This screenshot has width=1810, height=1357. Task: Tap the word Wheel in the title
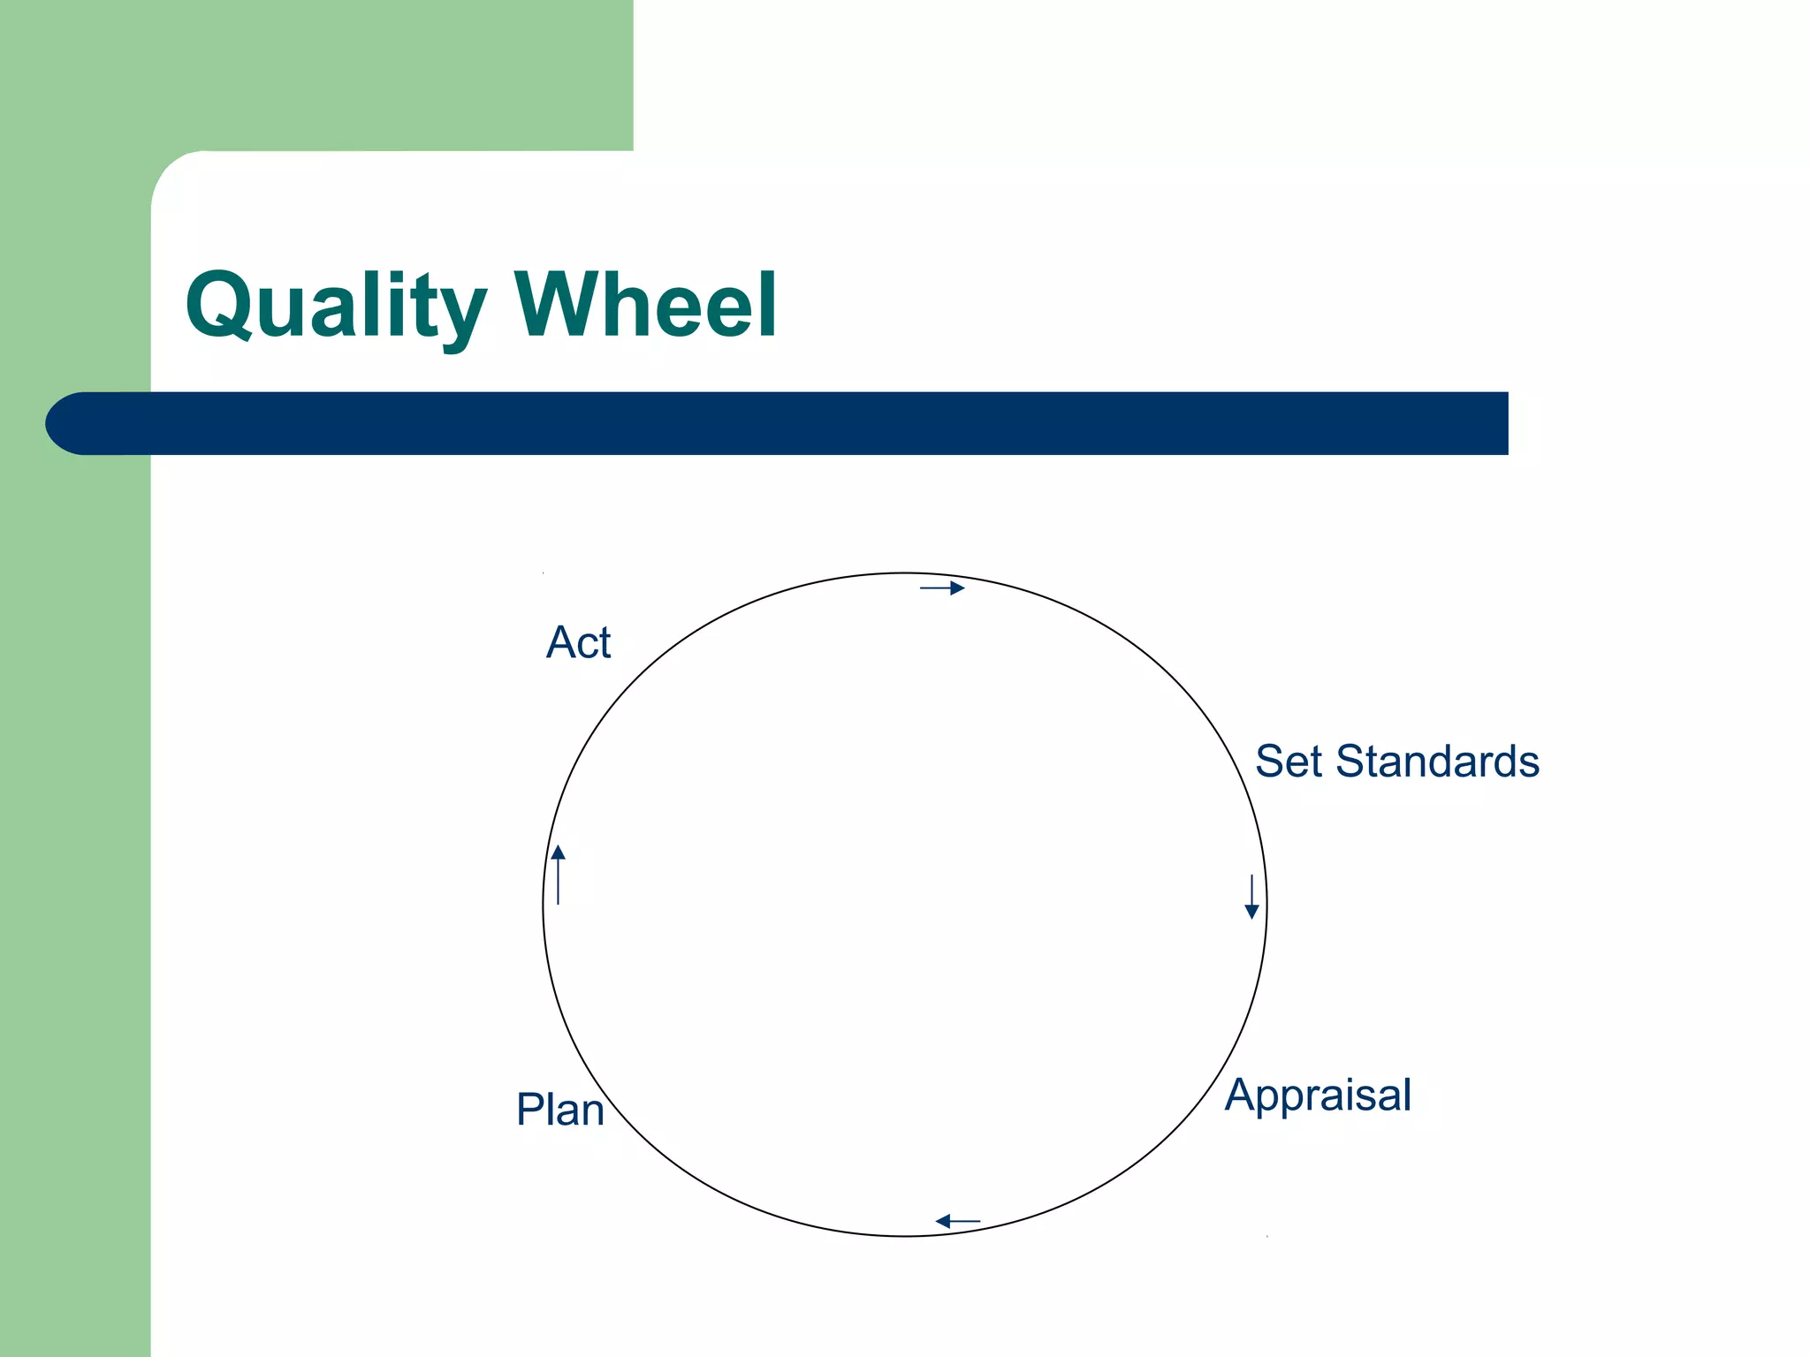click(646, 304)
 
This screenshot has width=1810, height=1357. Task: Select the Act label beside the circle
click(578, 642)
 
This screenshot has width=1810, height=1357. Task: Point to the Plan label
click(560, 1110)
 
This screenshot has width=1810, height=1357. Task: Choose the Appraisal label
click(1318, 1096)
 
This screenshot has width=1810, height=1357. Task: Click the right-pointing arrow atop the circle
click(942, 588)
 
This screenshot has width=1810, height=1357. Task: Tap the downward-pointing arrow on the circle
click(1251, 897)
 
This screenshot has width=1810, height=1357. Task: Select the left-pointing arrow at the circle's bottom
click(957, 1222)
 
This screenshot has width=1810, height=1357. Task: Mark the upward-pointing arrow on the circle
click(559, 875)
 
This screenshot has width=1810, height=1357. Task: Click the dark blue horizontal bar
click(795, 423)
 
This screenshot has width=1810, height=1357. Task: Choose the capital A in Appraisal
click(1242, 1095)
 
